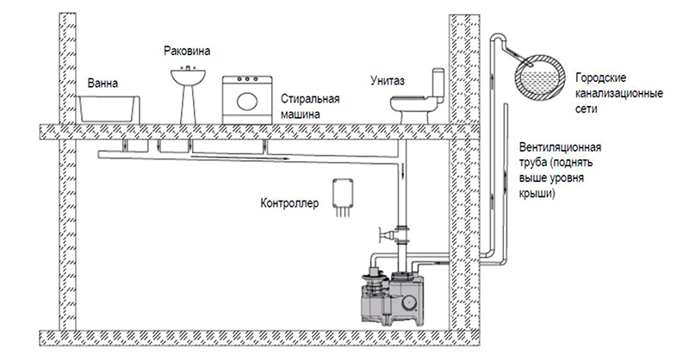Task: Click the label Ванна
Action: (x=102, y=83)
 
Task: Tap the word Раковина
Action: (x=187, y=51)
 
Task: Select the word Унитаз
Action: (x=387, y=81)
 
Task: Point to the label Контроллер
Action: (x=289, y=204)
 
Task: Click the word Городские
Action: (x=600, y=78)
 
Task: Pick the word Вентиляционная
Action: (x=561, y=146)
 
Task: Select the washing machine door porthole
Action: (x=247, y=101)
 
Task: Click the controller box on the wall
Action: (x=343, y=193)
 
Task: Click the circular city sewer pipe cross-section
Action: (x=541, y=78)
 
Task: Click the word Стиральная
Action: (x=311, y=98)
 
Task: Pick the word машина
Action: (x=301, y=115)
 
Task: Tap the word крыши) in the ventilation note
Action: (x=537, y=194)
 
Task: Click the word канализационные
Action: (x=619, y=94)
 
